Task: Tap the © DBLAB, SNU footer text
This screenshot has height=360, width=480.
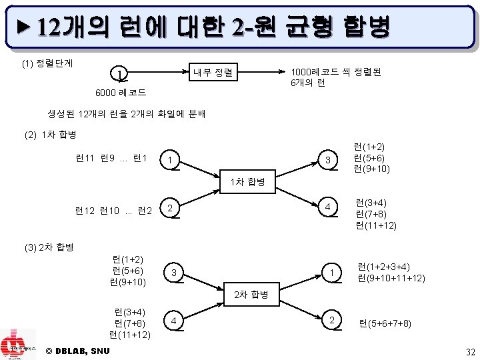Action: (x=78, y=351)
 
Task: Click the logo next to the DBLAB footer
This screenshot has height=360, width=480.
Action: (x=18, y=344)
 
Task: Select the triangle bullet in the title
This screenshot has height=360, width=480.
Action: (x=25, y=27)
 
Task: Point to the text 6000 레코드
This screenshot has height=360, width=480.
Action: (x=121, y=92)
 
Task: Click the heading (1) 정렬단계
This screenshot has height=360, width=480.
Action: (x=49, y=64)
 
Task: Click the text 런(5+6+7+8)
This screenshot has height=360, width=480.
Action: (x=385, y=324)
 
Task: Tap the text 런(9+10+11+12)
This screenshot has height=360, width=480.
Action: (x=391, y=278)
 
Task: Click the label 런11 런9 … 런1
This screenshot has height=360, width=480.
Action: (x=111, y=158)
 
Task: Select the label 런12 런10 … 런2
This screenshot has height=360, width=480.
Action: (x=114, y=211)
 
